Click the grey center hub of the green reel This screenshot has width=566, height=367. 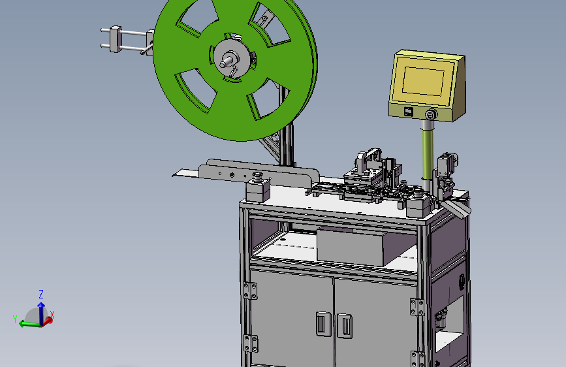pyautogui.click(x=231, y=58)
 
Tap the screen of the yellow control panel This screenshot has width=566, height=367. pyautogui.click(x=423, y=81)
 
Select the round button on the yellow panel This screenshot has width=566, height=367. pyautogui.click(x=430, y=115)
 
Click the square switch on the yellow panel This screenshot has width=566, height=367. pyautogui.click(x=409, y=112)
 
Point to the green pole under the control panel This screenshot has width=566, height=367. pyautogui.click(x=428, y=153)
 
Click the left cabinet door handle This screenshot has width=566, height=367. pyautogui.click(x=323, y=323)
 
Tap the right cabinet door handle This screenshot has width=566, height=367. pyautogui.click(x=345, y=326)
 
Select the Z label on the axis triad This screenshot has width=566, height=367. pyautogui.click(x=41, y=294)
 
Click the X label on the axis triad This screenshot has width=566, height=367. pyautogui.click(x=52, y=315)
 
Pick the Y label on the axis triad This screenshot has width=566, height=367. pyautogui.click(x=15, y=319)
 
